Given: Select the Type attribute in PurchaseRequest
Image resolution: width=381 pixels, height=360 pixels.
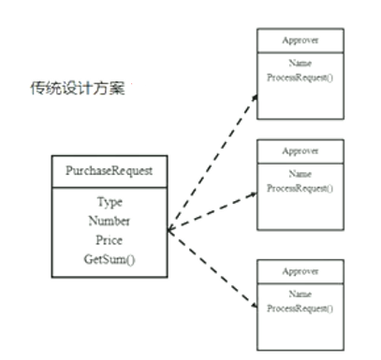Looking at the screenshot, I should click(x=110, y=202).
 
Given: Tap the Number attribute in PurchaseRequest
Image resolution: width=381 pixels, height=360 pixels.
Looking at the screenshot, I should click(x=110, y=221).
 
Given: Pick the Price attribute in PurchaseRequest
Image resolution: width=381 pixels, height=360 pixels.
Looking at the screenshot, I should click(x=110, y=239).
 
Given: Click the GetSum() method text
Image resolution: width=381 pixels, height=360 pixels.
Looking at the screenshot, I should click(x=110, y=258).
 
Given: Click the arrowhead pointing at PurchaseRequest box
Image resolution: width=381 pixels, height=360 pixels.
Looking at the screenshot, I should click(x=169, y=229).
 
